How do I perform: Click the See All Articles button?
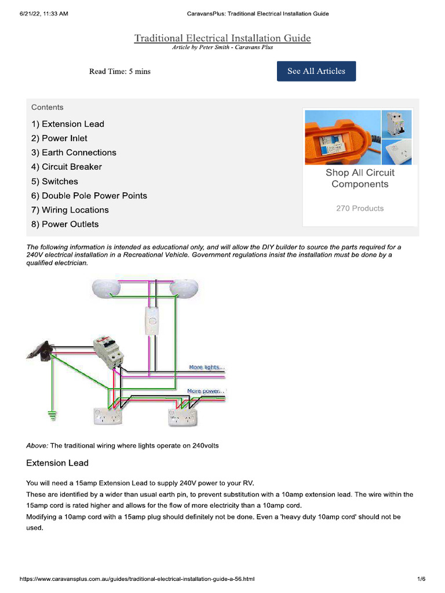[x=316, y=71]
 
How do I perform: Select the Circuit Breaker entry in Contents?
[x=67, y=167]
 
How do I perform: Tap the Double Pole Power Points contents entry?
[x=89, y=196]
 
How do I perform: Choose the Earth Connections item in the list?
[x=74, y=152]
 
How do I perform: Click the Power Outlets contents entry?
[x=65, y=224]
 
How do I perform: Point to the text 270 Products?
[x=359, y=208]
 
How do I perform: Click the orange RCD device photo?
[x=342, y=137]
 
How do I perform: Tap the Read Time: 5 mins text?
[x=119, y=71]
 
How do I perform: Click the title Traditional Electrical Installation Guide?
[x=222, y=38]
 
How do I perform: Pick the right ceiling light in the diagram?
[x=184, y=288]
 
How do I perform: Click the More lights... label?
[x=206, y=367]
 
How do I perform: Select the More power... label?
[x=206, y=391]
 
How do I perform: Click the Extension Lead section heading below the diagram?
[x=57, y=463]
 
